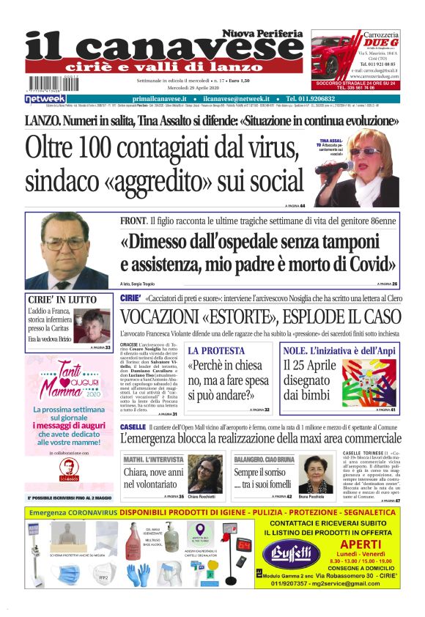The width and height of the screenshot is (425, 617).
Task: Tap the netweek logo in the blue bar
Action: tap(45, 98)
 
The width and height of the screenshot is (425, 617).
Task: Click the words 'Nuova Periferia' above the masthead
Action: tap(263, 33)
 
